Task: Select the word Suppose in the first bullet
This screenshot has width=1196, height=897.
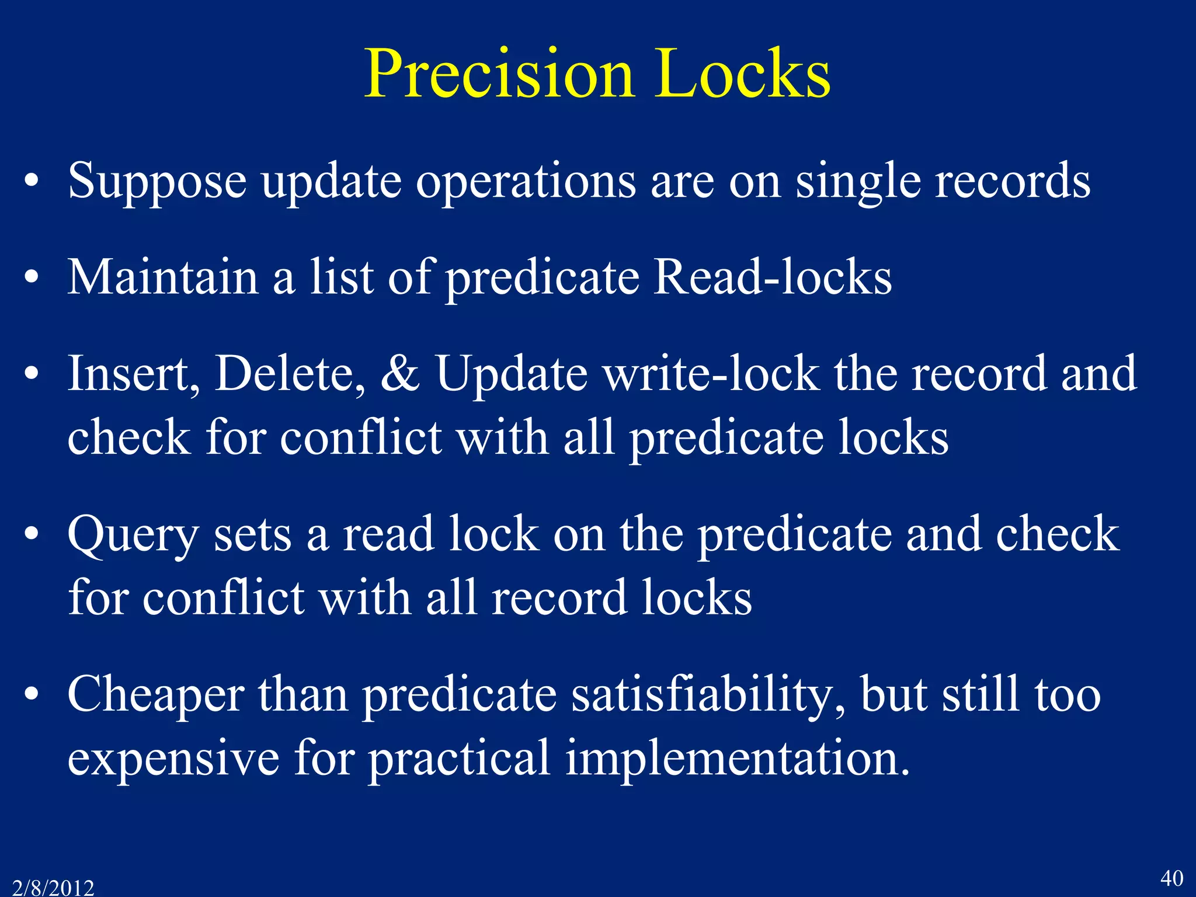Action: pyautogui.click(x=157, y=181)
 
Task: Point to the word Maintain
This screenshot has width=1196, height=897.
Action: pyautogui.click(x=163, y=277)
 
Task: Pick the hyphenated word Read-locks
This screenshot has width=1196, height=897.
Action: pyautogui.click(x=772, y=277)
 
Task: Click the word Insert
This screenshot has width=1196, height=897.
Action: pyautogui.click(x=133, y=373)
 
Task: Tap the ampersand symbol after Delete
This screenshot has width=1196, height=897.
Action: pyautogui.click(x=400, y=373)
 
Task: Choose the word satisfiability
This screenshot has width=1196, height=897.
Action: pyautogui.click(x=707, y=694)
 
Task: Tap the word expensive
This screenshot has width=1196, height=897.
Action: pyautogui.click(x=173, y=758)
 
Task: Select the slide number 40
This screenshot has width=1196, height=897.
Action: pyautogui.click(x=1171, y=878)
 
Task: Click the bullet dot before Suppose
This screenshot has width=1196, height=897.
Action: pyautogui.click(x=32, y=181)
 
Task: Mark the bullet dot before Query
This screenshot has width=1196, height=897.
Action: pyautogui.click(x=32, y=534)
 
